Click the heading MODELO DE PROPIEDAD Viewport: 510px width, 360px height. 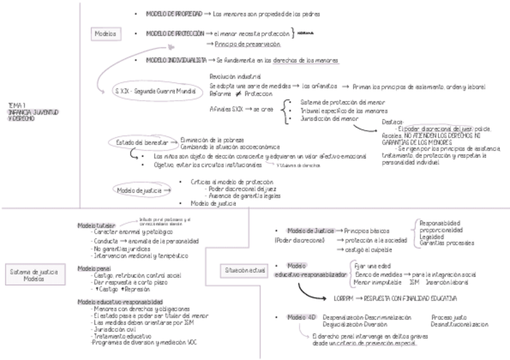click(x=173, y=13)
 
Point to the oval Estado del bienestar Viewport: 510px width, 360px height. click(x=138, y=142)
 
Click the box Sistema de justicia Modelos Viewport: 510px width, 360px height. click(x=33, y=276)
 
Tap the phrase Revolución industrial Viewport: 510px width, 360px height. click(x=235, y=77)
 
